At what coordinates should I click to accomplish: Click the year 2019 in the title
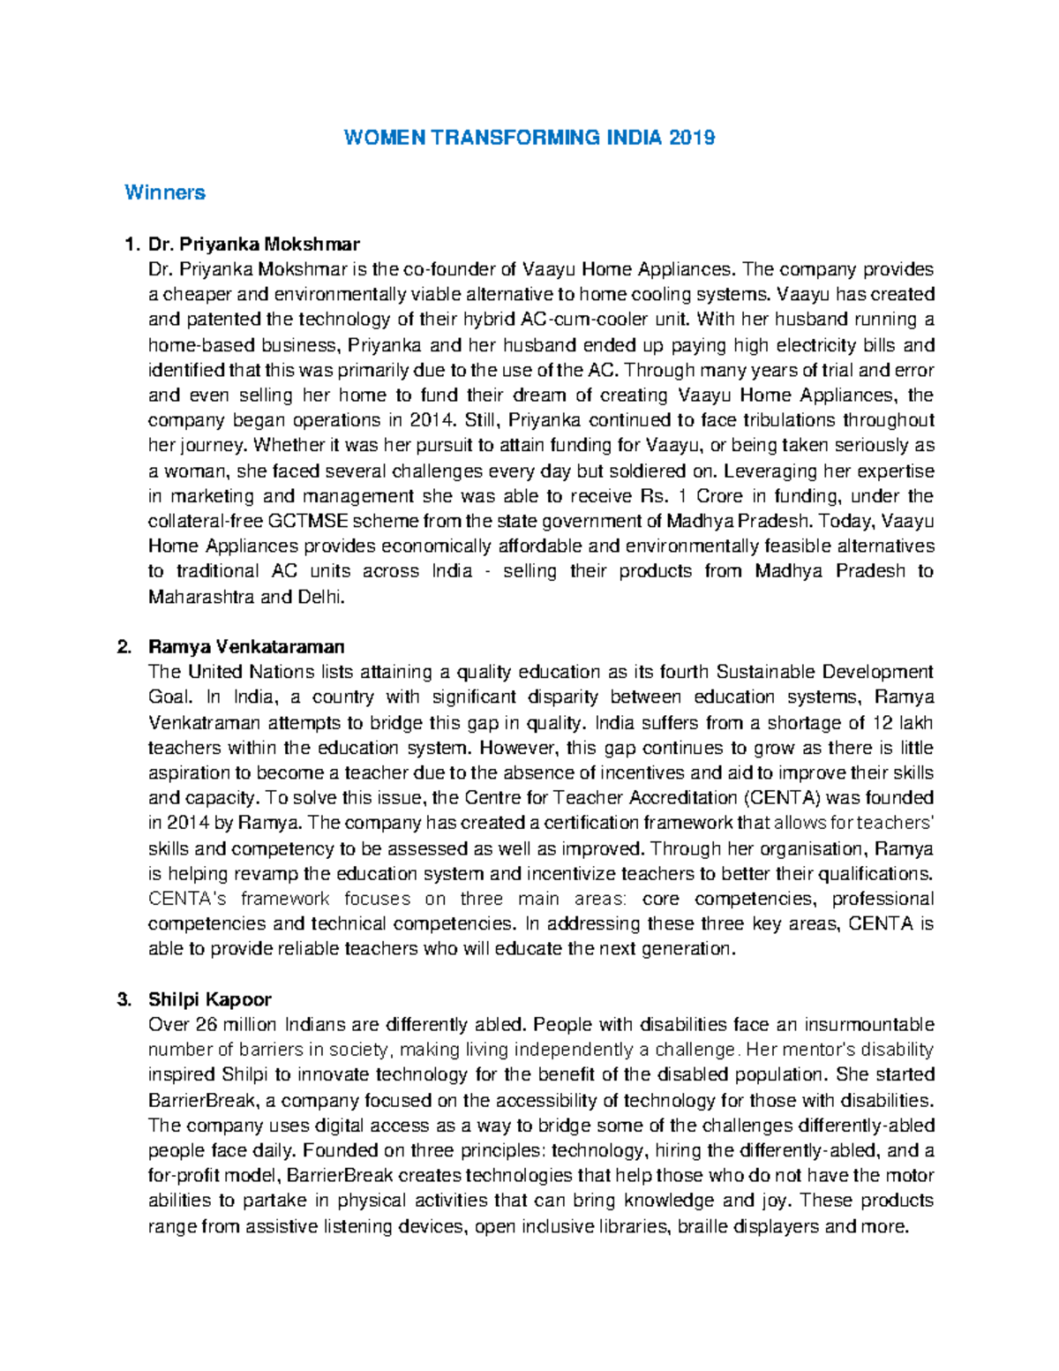pos(692,138)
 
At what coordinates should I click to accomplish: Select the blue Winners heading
pos(165,192)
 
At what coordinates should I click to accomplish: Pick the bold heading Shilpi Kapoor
pos(209,999)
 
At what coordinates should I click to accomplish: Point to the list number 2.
pos(124,646)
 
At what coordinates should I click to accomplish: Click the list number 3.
pos(124,999)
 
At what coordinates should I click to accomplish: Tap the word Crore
pos(720,495)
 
